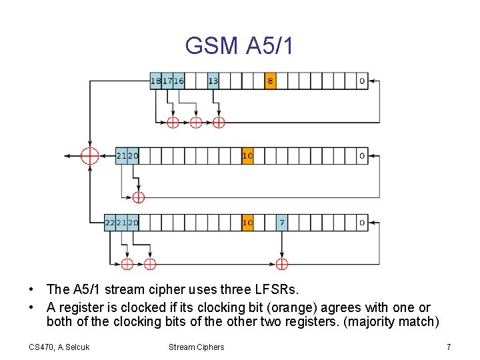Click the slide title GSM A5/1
tap(239, 45)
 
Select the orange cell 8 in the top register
tap(270, 81)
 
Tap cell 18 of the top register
tap(156, 81)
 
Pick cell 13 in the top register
tap(213, 81)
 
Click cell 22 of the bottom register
tap(110, 223)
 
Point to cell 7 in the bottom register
tap(282, 223)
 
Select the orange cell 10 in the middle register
tap(247, 156)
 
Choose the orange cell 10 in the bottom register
tap(247, 223)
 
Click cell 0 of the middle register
tap(362, 156)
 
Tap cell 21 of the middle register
tap(121, 156)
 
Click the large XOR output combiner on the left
tap(89, 156)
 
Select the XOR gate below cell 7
tap(282, 264)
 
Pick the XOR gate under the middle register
tap(138, 197)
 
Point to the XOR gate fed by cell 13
tap(219, 122)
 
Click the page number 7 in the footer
tap(449, 347)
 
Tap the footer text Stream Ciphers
tap(196, 347)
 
